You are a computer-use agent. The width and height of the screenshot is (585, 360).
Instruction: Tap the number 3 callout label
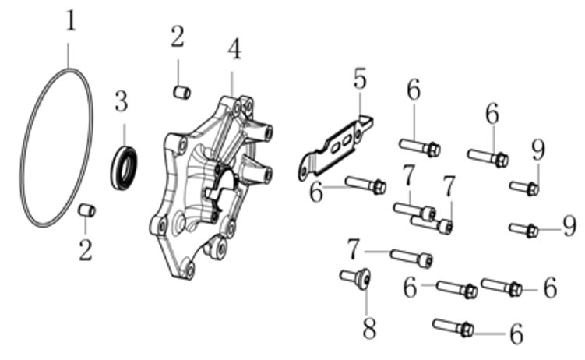point(121,101)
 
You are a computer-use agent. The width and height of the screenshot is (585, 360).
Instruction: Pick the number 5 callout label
point(359,78)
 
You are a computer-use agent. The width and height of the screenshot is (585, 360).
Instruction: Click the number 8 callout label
point(369,329)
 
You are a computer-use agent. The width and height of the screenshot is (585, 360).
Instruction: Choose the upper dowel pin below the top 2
point(181,93)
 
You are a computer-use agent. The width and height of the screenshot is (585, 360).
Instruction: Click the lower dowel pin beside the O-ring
point(88,210)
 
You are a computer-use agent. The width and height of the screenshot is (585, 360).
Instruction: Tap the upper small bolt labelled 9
point(524,188)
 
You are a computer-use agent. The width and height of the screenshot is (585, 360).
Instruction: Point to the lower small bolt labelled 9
point(523,229)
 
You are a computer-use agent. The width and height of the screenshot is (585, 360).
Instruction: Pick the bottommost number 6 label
point(516,335)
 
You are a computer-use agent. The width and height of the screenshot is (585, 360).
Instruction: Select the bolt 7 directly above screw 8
point(410,256)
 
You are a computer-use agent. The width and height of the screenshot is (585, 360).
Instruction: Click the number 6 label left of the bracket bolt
point(315,192)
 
